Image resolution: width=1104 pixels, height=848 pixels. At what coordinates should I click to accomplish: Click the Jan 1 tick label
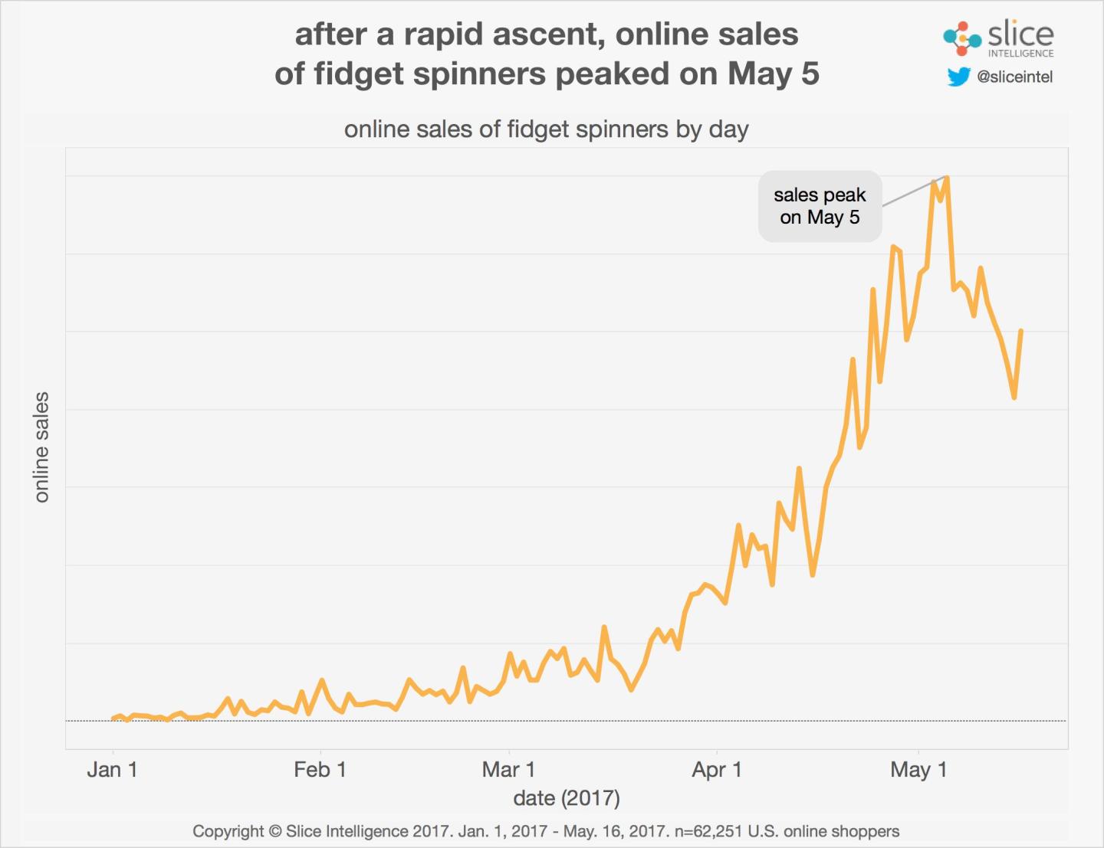pos(112,769)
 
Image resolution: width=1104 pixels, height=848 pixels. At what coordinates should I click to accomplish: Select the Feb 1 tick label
pos(320,769)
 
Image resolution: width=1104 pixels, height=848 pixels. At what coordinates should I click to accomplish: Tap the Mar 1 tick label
pos(508,769)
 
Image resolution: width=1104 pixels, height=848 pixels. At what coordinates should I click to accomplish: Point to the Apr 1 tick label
pos(717,769)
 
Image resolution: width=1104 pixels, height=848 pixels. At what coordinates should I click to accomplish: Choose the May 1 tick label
pos(918,769)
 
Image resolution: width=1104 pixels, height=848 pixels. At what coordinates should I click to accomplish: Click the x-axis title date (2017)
pos(567,798)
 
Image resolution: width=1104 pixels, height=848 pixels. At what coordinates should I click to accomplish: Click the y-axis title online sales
pos(41,447)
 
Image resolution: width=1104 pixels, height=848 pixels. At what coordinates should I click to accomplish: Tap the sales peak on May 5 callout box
pos(820,206)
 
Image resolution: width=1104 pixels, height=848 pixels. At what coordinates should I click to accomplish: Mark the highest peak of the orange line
pos(948,178)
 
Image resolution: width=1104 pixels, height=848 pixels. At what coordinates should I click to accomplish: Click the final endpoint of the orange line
pos(1021,331)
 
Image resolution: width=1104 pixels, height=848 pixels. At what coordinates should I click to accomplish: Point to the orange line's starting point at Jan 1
pos(113,719)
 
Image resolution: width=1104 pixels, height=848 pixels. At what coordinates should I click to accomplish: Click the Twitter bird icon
pos(958,77)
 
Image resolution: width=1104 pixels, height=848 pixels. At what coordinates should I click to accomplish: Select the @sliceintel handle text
pos(1014,77)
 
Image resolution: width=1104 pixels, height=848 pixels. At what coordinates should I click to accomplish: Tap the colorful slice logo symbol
pos(961,38)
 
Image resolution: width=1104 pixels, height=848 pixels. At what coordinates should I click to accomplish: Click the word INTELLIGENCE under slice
pos(1020,54)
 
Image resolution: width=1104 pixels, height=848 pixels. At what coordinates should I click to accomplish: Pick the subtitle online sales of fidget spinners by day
pos(546,129)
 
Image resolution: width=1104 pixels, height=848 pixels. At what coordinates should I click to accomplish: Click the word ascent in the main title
pos(547,34)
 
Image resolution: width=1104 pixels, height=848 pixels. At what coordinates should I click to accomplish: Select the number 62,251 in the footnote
pos(718,831)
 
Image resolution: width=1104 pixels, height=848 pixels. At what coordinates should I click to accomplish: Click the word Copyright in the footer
pos(228,831)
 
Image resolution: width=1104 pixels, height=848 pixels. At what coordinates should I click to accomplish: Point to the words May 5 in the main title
pos(774,74)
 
